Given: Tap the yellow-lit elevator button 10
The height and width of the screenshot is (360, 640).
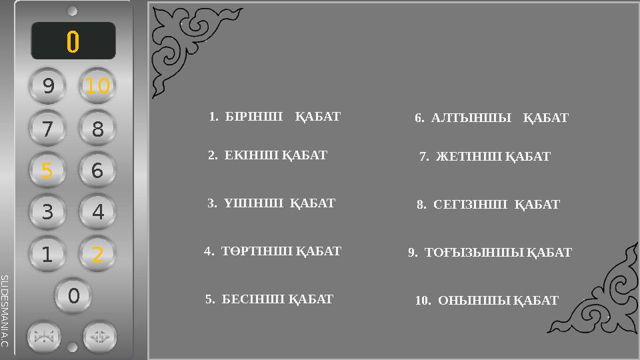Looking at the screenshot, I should click(97, 86).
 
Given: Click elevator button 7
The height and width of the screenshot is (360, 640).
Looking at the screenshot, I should click(47, 129).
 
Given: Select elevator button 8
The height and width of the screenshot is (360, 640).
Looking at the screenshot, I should click(97, 129).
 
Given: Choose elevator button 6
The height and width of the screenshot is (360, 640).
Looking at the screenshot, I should click(97, 171).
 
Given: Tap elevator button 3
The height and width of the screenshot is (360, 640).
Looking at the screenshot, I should click(47, 212).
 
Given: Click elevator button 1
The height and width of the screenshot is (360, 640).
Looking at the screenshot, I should click(47, 254).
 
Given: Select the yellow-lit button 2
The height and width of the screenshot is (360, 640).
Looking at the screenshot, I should click(97, 254).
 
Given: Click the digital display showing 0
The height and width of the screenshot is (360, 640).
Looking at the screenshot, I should click(73, 41).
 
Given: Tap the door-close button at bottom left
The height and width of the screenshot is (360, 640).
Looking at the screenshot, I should click(44, 337).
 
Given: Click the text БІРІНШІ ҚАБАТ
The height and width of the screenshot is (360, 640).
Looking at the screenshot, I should click(275, 117).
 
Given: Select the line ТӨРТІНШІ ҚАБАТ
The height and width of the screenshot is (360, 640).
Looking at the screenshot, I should click(273, 251).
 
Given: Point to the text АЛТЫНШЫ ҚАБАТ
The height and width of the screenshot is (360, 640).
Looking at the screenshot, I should click(491, 119).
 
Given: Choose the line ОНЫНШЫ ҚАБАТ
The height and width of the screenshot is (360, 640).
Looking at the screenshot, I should click(487, 301).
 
